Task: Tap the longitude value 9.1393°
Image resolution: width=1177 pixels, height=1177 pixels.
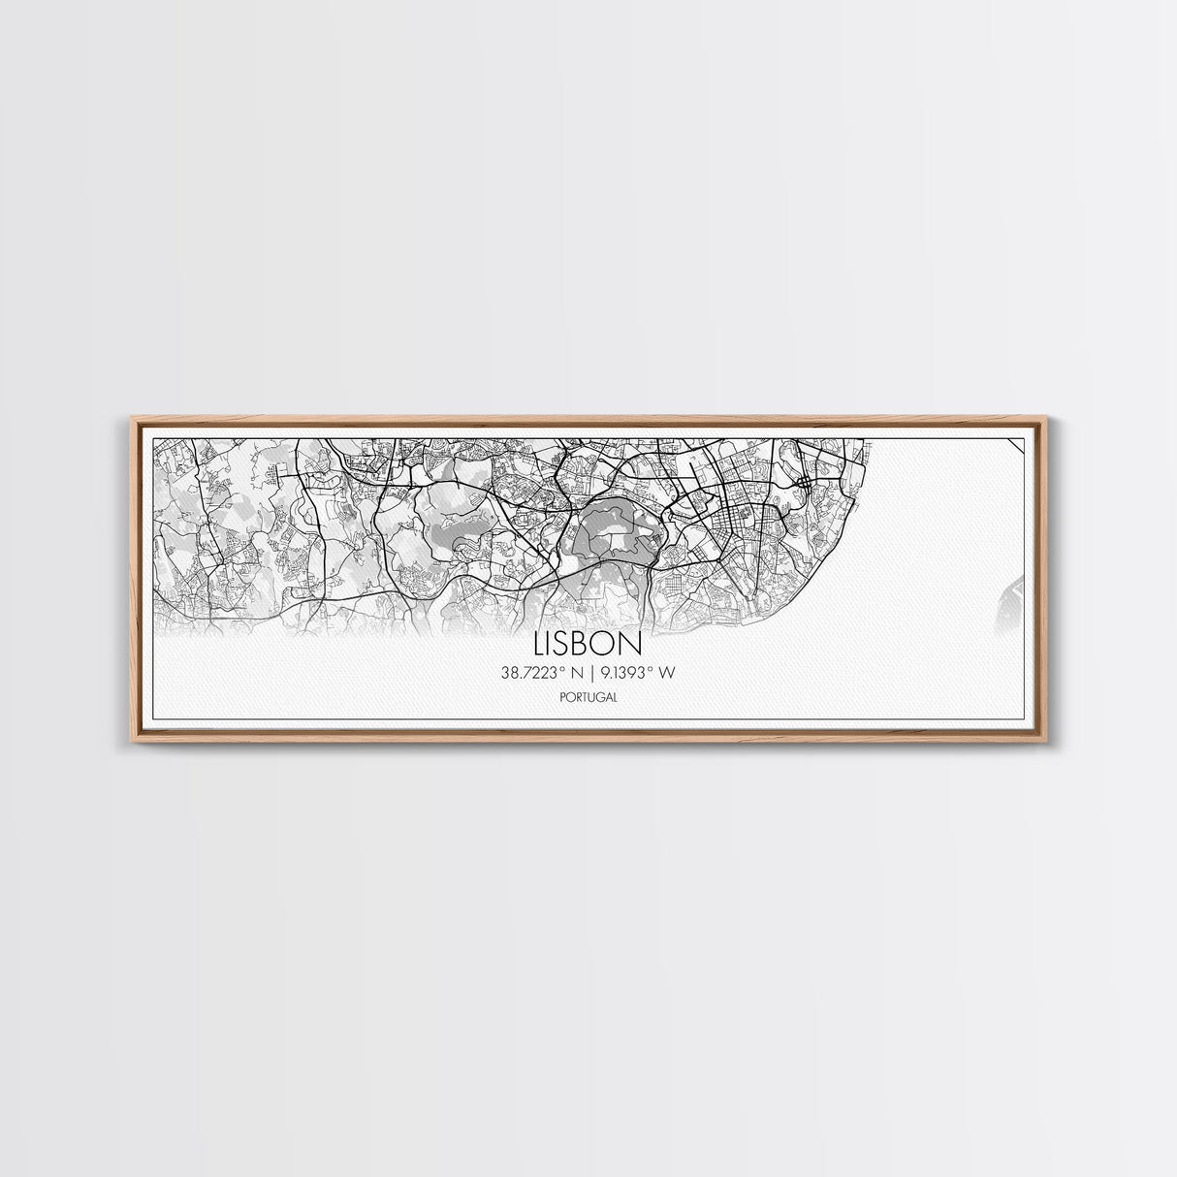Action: point(627,672)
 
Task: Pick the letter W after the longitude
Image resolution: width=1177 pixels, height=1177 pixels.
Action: point(667,672)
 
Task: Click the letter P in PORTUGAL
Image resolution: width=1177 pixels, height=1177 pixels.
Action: point(563,696)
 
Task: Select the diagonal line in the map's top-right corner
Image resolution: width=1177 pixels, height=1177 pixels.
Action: point(1018,445)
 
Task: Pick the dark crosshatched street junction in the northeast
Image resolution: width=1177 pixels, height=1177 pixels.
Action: point(807,482)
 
